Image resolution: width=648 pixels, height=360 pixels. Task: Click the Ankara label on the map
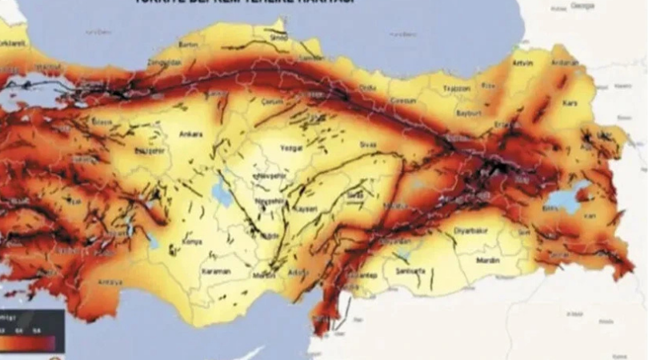(x=191, y=134)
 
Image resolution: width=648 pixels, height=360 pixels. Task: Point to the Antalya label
(x=110, y=282)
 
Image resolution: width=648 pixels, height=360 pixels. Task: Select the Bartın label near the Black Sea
(x=189, y=46)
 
